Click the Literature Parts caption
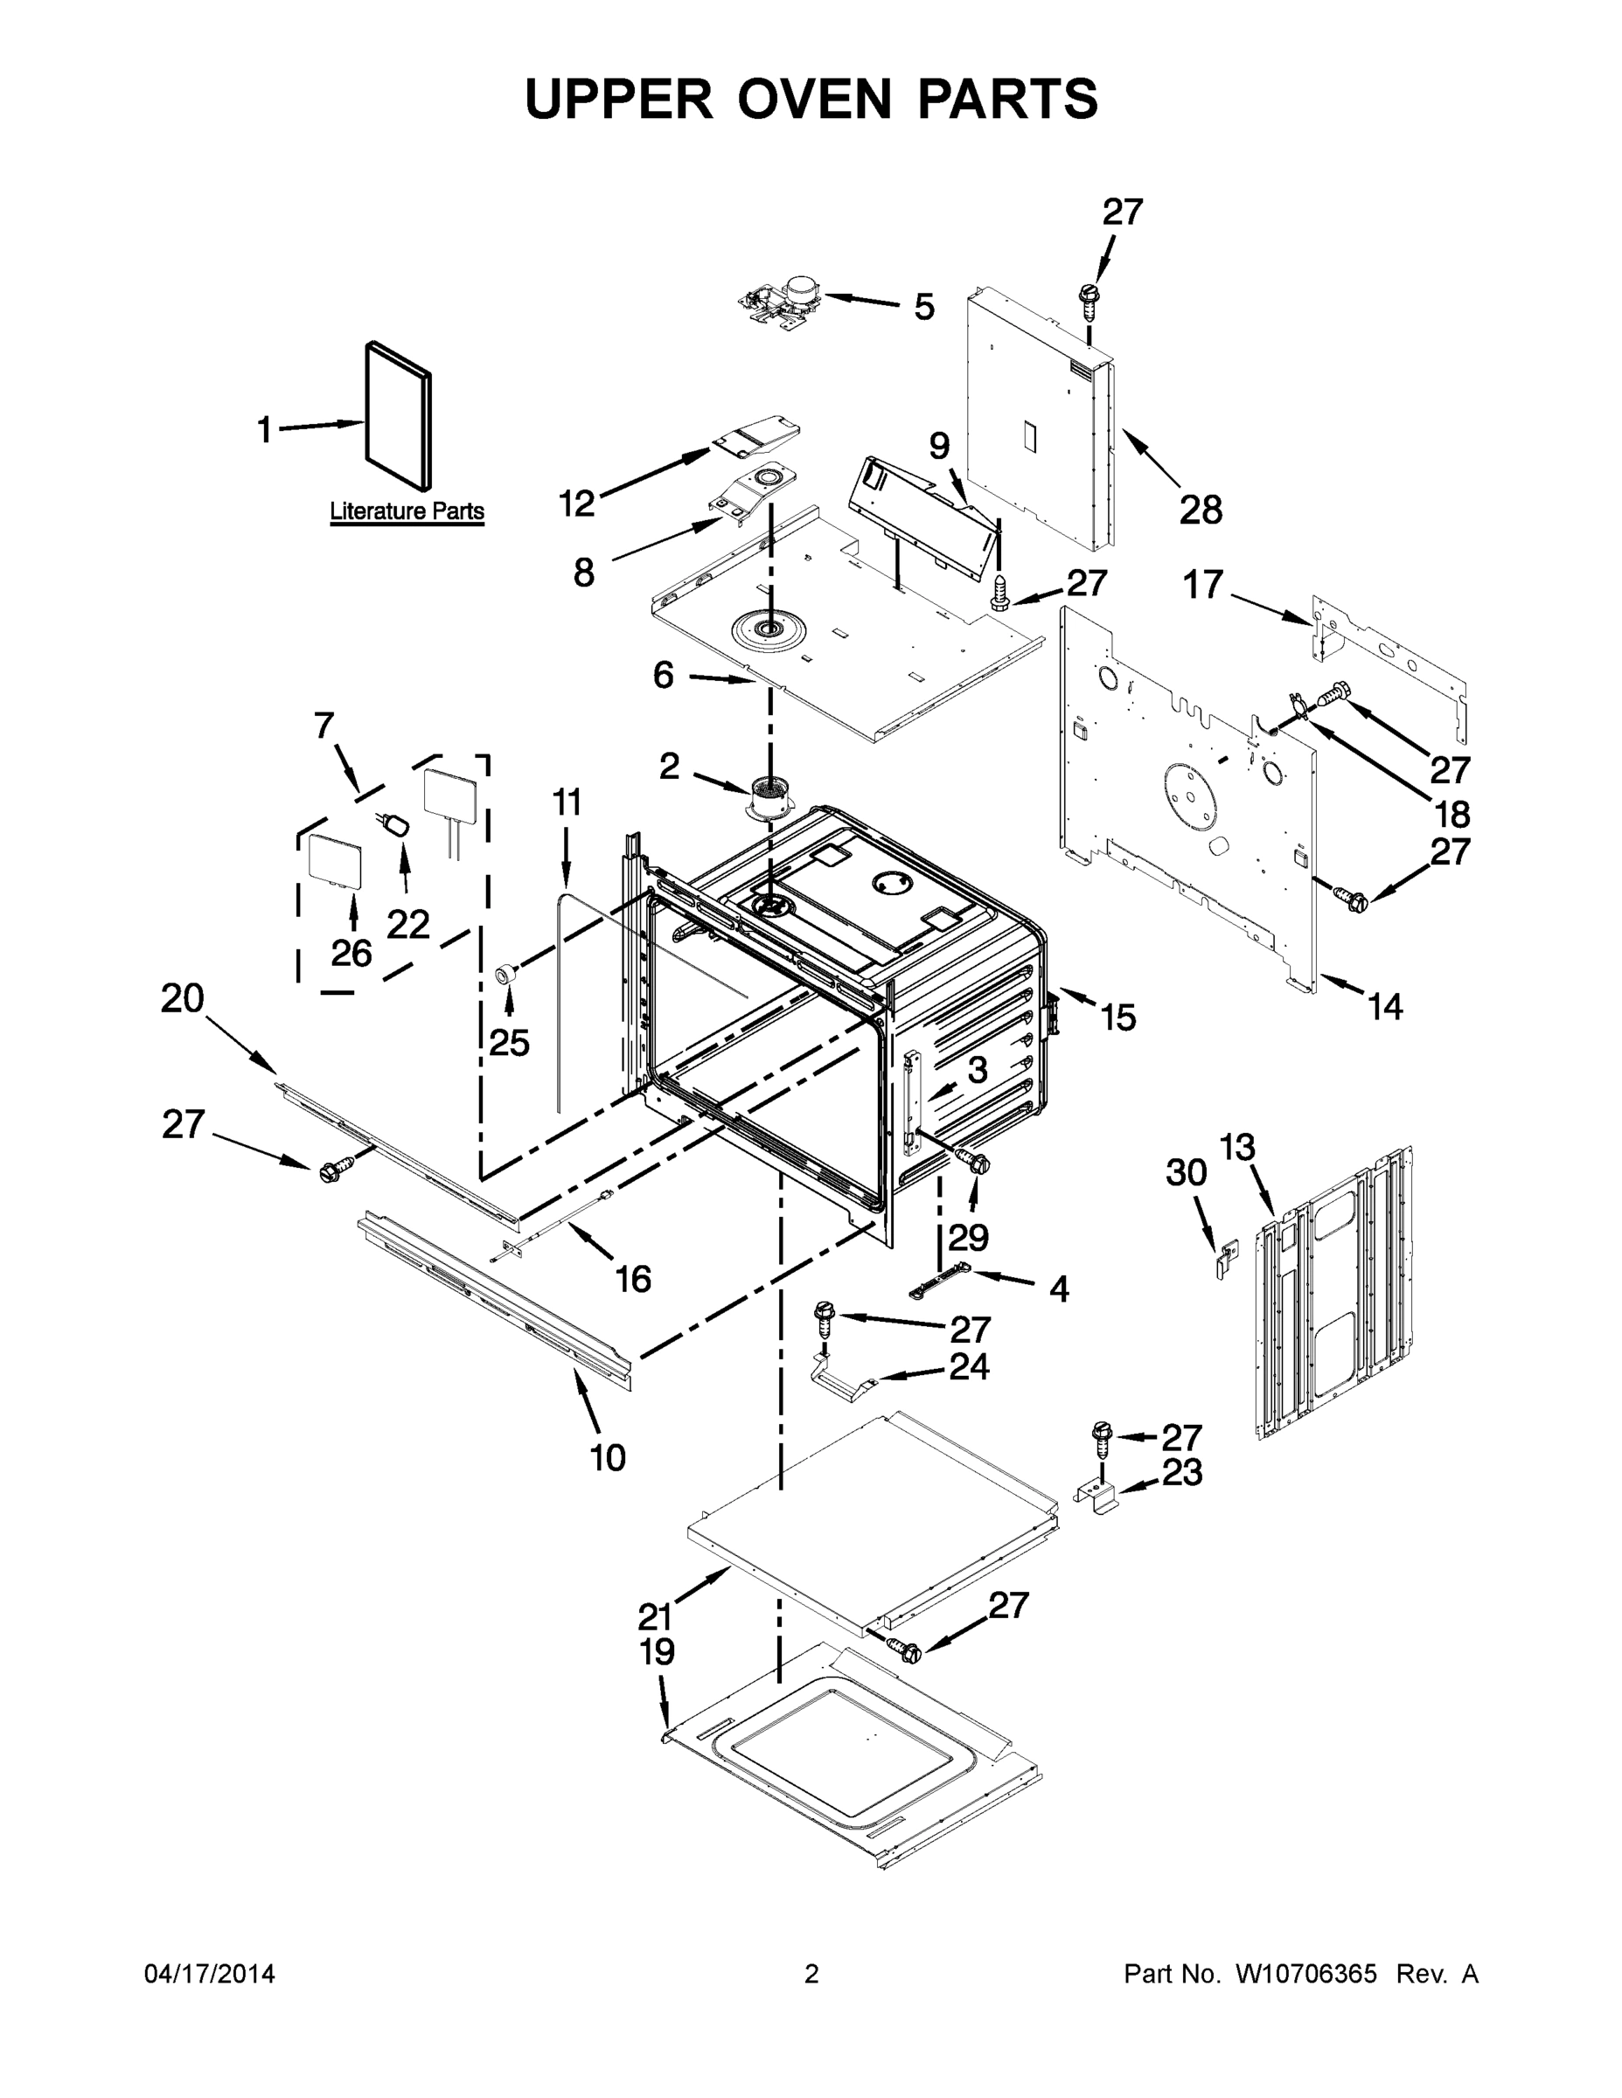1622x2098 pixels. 407,511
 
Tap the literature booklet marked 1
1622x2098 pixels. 398,417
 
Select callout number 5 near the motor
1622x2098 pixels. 923,308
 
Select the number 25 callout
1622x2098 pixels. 509,1041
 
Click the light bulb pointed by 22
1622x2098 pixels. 395,824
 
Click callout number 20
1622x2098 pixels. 183,999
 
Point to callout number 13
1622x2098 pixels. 1237,1147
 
